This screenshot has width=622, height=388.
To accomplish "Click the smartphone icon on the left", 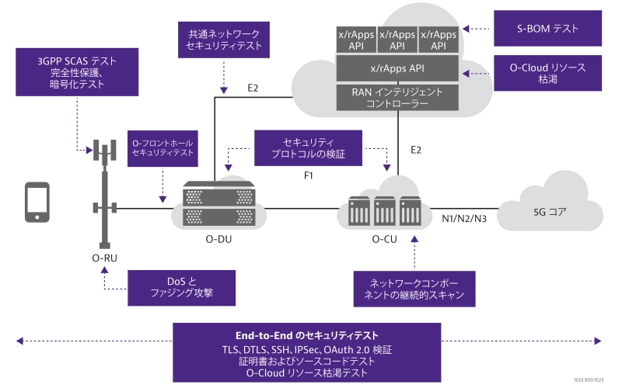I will tap(37, 203).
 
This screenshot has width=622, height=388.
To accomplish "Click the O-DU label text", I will tap(219, 239).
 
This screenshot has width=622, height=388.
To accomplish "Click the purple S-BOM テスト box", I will tap(548, 29).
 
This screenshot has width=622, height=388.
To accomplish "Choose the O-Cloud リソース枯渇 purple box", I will tap(548, 74).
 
